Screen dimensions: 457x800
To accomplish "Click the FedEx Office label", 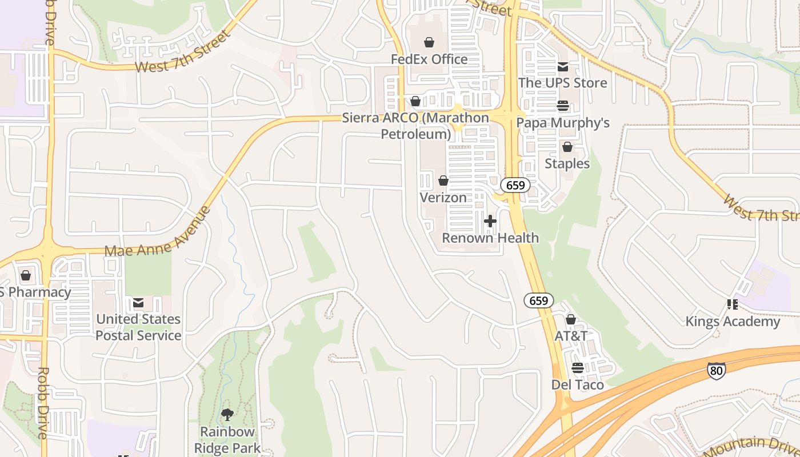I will pos(429,59).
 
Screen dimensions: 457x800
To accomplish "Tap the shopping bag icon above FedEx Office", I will pos(429,42).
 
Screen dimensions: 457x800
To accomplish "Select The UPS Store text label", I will pos(562,83).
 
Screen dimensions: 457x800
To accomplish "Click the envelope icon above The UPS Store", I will pos(562,67).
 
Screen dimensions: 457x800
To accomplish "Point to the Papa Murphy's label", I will pos(563,123).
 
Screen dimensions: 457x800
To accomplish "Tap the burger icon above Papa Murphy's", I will pos(563,106).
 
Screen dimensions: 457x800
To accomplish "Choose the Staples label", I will pos(567,164).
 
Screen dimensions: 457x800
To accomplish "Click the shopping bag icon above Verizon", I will pos(443,181).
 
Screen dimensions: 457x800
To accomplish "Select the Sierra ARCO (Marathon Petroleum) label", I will pos(415,126).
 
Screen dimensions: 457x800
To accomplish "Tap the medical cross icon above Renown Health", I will pos(490,221).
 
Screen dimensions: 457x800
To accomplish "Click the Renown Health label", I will pos(490,238).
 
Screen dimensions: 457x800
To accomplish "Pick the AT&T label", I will pos(571,336).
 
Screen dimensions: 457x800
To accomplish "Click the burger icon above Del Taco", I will pos(577,368).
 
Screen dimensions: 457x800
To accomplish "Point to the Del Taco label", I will pos(577,385).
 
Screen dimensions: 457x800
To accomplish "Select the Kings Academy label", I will pos(733,322).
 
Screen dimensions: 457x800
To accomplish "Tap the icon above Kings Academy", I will pos(732,304).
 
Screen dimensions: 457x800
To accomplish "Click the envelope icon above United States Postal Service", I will pos(138,303).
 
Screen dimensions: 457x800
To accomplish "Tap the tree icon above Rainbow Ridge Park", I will pos(227,415).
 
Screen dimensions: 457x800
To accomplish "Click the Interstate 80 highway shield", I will pos(716,371).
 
